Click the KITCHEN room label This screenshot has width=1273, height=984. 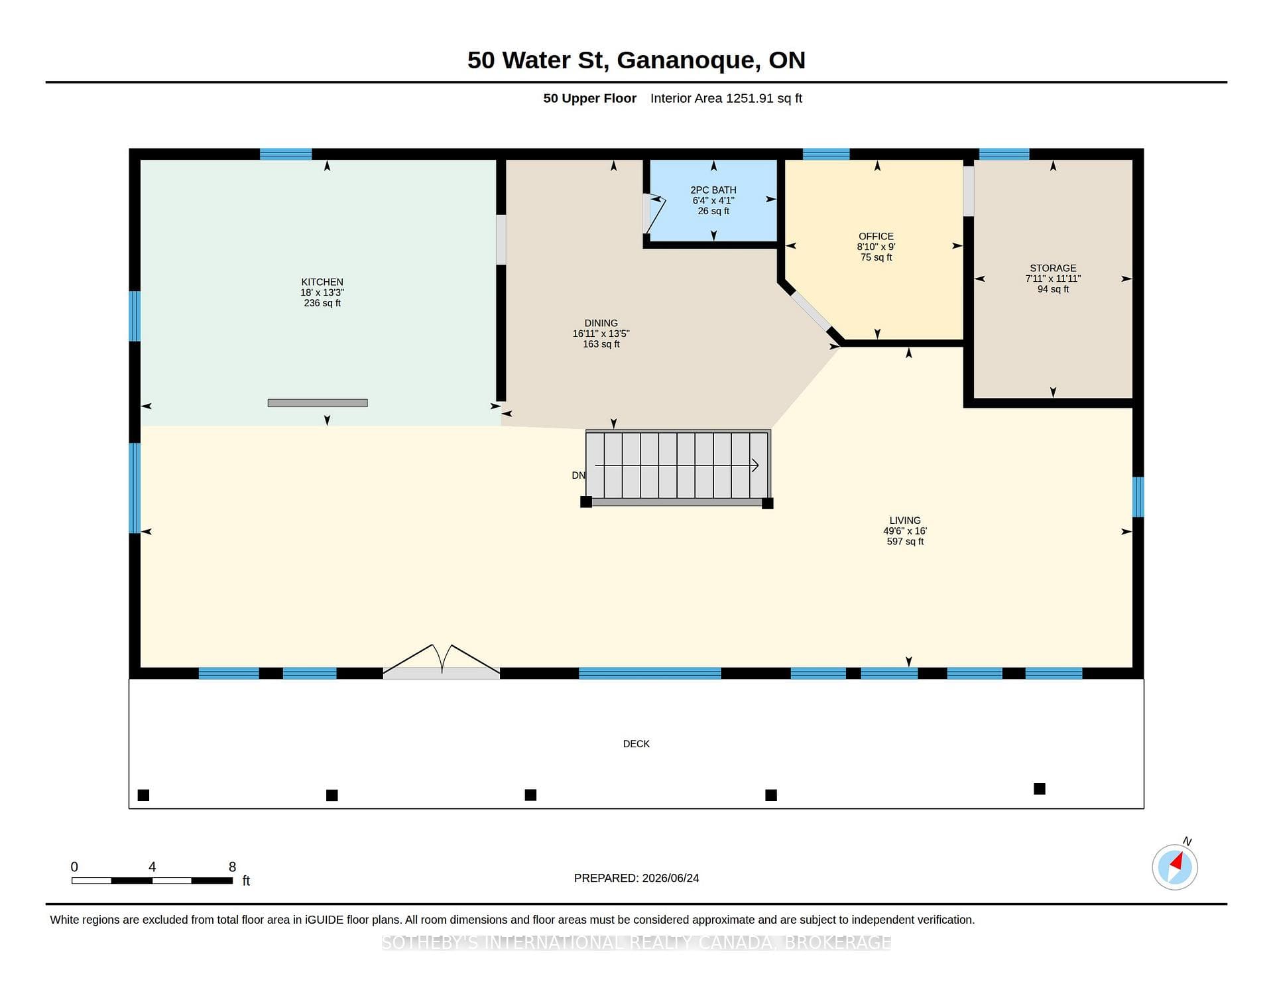(x=322, y=282)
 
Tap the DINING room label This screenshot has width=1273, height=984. (x=601, y=323)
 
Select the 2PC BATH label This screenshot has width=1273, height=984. (x=713, y=190)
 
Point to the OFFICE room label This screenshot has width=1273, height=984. (x=876, y=236)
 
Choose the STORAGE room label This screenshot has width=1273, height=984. (x=1053, y=268)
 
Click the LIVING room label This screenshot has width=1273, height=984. (x=905, y=521)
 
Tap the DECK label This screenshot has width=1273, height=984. (x=636, y=744)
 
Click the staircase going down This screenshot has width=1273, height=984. (x=677, y=465)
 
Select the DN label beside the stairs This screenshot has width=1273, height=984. (x=578, y=475)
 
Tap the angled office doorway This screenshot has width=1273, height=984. (x=810, y=311)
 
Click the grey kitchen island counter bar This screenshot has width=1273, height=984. (x=318, y=403)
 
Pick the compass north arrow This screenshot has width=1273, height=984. (x=1177, y=863)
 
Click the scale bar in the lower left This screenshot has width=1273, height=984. (x=152, y=881)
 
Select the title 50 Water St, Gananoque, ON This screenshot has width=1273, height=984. (x=636, y=60)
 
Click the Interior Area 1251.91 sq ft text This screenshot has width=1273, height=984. (x=726, y=98)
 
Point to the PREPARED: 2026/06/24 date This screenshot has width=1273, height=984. (x=636, y=878)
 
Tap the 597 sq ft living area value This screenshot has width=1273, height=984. (x=905, y=542)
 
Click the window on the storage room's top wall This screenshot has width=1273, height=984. (x=1004, y=154)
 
